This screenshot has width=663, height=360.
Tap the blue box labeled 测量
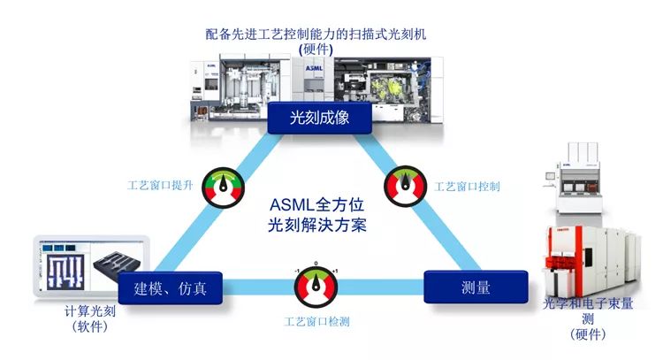tap(476, 288)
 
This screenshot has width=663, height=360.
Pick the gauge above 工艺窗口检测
tap(316, 285)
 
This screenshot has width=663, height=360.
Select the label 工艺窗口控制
tap(468, 188)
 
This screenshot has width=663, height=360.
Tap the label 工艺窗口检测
tap(316, 321)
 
